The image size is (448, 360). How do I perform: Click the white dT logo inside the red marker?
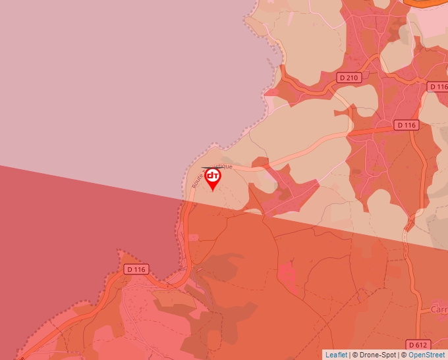click(213, 176)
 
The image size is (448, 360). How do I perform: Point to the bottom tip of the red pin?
click(213, 191)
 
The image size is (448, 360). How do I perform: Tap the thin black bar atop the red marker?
click(212, 167)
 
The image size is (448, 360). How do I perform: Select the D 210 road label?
click(349, 78)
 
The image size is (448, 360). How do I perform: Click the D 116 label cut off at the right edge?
click(438, 87)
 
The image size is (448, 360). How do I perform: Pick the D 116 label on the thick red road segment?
click(407, 125)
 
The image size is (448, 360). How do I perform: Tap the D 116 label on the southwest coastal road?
click(136, 269)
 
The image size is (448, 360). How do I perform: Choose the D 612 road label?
click(418, 344)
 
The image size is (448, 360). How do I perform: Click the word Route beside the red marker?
click(196, 180)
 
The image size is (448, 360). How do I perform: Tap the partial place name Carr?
click(438, 309)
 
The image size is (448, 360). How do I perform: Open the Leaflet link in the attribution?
click(336, 355)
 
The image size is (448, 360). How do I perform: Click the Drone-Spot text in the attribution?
click(378, 355)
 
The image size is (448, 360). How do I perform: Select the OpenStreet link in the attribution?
click(426, 355)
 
